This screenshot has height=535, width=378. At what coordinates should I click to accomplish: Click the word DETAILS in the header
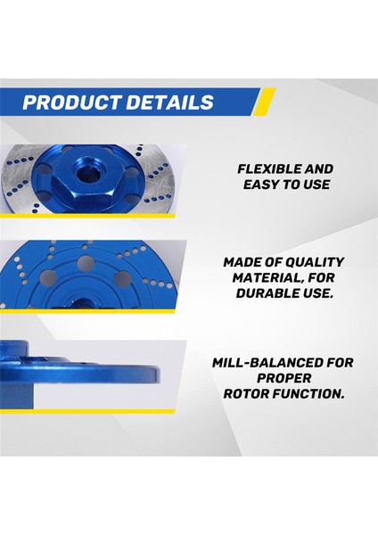click(169, 102)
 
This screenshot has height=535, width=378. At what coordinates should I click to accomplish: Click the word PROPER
click(286, 377)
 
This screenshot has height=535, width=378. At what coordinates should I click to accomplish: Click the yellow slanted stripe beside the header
click(266, 102)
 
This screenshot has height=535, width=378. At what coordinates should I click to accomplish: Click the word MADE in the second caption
click(240, 262)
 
